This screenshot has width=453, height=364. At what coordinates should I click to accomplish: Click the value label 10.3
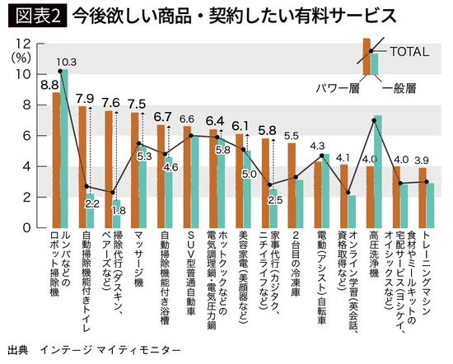(67, 62)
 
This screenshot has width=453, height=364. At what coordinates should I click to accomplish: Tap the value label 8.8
(49, 84)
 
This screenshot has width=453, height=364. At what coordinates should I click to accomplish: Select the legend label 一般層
(400, 85)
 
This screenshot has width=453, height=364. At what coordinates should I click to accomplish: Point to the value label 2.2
(92, 203)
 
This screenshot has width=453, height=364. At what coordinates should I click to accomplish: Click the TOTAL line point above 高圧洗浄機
(374, 120)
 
